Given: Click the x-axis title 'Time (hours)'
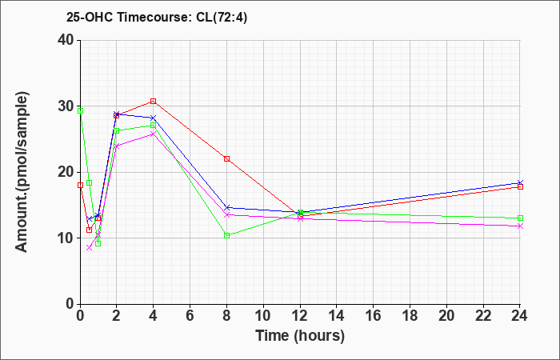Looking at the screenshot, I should click(300, 335).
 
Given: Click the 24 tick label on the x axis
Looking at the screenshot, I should click(520, 315).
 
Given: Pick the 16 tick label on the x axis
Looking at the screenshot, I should click(374, 315).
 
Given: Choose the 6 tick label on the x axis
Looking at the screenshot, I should click(190, 315).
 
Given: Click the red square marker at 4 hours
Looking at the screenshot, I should click(153, 102).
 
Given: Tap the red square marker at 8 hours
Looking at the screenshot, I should click(227, 158).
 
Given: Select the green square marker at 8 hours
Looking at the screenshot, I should click(227, 235).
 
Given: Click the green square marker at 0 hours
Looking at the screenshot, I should click(80, 110).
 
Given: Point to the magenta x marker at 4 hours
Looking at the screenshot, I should click(153, 134).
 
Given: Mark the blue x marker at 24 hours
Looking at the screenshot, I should click(520, 183).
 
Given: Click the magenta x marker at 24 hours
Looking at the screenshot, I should click(520, 226).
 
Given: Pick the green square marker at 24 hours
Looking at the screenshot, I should click(520, 218).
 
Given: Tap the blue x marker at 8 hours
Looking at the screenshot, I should click(227, 208).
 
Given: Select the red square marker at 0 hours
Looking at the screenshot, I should click(80, 185).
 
